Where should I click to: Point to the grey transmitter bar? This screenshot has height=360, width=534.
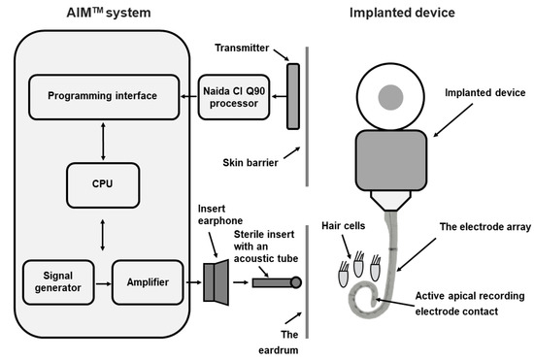[292, 95]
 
